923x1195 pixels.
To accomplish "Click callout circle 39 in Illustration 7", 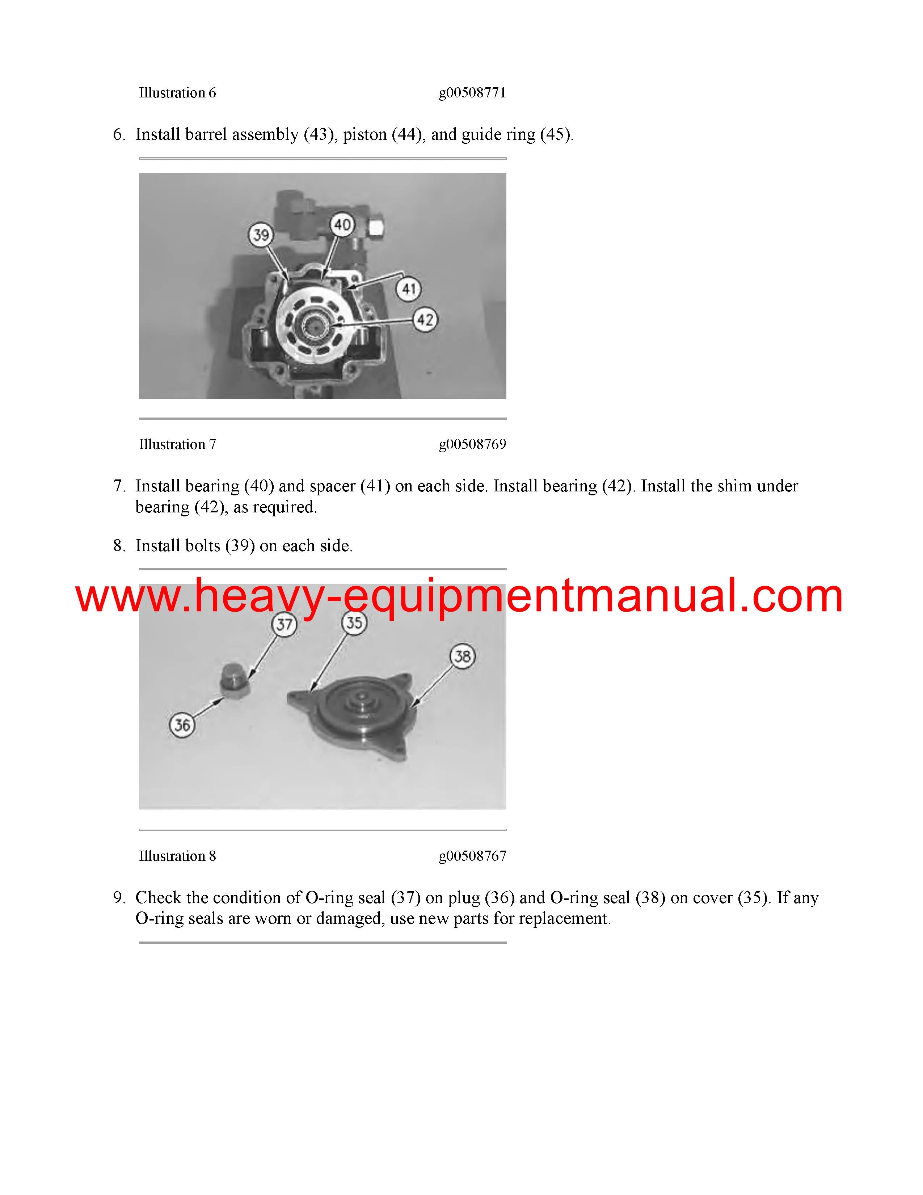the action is [261, 235].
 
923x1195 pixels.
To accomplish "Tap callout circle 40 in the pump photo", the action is [342, 225].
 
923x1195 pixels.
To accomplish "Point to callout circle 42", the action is [425, 319].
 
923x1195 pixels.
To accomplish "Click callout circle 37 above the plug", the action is [285, 624].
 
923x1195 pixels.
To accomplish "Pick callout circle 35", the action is [354, 623].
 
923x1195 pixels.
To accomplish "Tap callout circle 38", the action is [463, 656].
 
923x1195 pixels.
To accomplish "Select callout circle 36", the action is [182, 725].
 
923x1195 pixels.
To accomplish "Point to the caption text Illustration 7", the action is [178, 444].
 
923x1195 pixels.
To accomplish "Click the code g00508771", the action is [472, 93].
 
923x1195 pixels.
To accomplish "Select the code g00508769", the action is [472, 444].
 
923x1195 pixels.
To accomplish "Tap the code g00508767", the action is [472, 856].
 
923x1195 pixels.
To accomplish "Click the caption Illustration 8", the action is [178, 856].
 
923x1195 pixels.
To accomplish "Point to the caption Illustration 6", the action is [178, 93].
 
